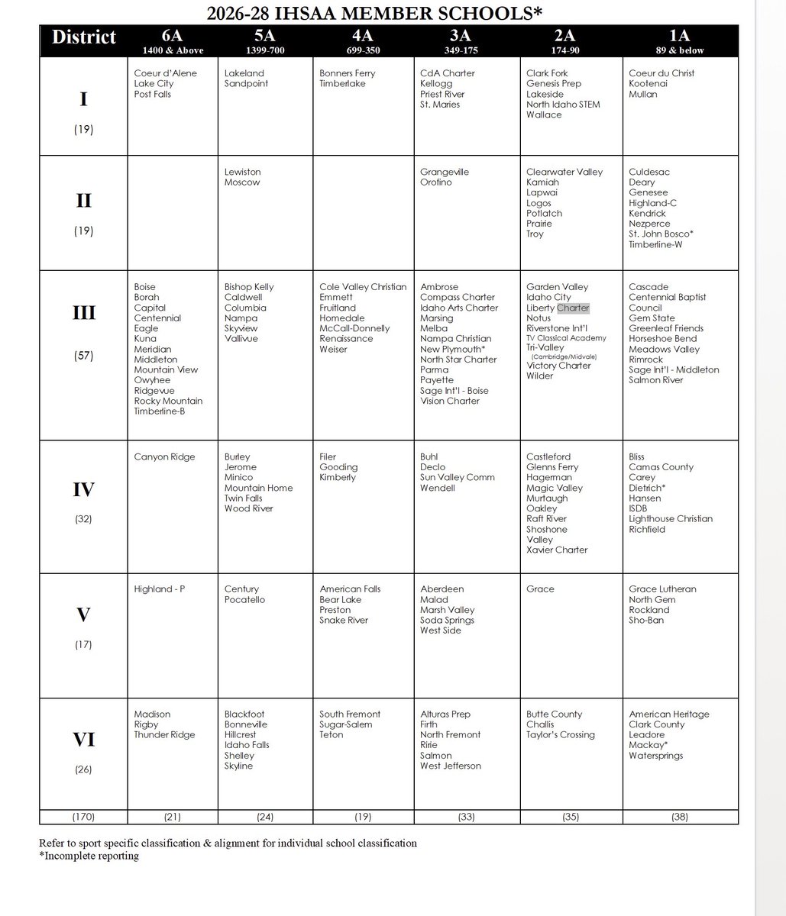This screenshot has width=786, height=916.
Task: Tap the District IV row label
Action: (x=84, y=489)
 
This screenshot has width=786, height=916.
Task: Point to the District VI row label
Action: (x=84, y=740)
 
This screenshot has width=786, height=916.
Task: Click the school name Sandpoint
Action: (x=246, y=84)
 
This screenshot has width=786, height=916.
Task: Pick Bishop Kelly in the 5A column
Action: (x=249, y=287)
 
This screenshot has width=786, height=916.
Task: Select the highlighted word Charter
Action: (x=573, y=308)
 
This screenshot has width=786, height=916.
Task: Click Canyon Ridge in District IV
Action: (x=164, y=456)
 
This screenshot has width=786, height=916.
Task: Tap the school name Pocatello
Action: (x=244, y=600)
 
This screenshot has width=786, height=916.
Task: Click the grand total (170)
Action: (x=83, y=817)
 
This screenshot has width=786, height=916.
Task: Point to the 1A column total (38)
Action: (x=679, y=817)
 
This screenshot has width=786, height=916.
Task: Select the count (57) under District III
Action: (x=84, y=354)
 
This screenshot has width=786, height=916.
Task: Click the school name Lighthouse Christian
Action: (x=671, y=518)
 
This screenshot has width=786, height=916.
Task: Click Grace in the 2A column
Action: (x=540, y=589)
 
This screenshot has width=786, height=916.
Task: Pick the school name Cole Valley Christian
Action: (x=363, y=287)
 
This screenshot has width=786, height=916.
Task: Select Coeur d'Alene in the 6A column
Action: (x=165, y=73)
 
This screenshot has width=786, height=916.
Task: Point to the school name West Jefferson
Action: (x=451, y=766)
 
